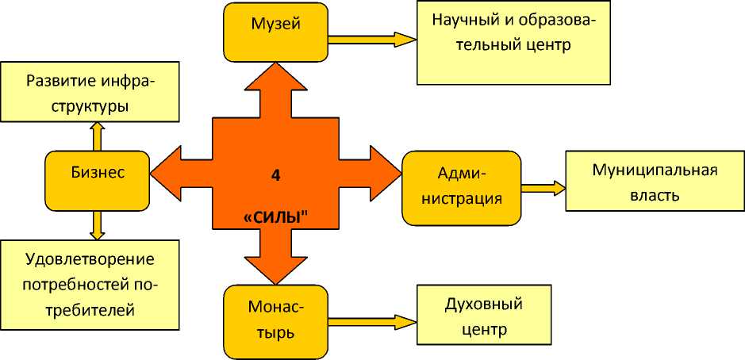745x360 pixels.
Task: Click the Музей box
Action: (275, 32)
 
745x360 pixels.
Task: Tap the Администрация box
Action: (461, 187)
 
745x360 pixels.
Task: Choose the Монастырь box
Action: (275, 320)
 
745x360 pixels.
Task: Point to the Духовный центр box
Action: (485, 316)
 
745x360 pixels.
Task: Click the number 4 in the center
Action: (275, 176)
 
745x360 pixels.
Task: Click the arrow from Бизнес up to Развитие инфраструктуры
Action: (97, 137)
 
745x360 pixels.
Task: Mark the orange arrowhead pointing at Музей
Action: (275, 79)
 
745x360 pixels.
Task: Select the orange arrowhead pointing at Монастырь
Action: (275, 269)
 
